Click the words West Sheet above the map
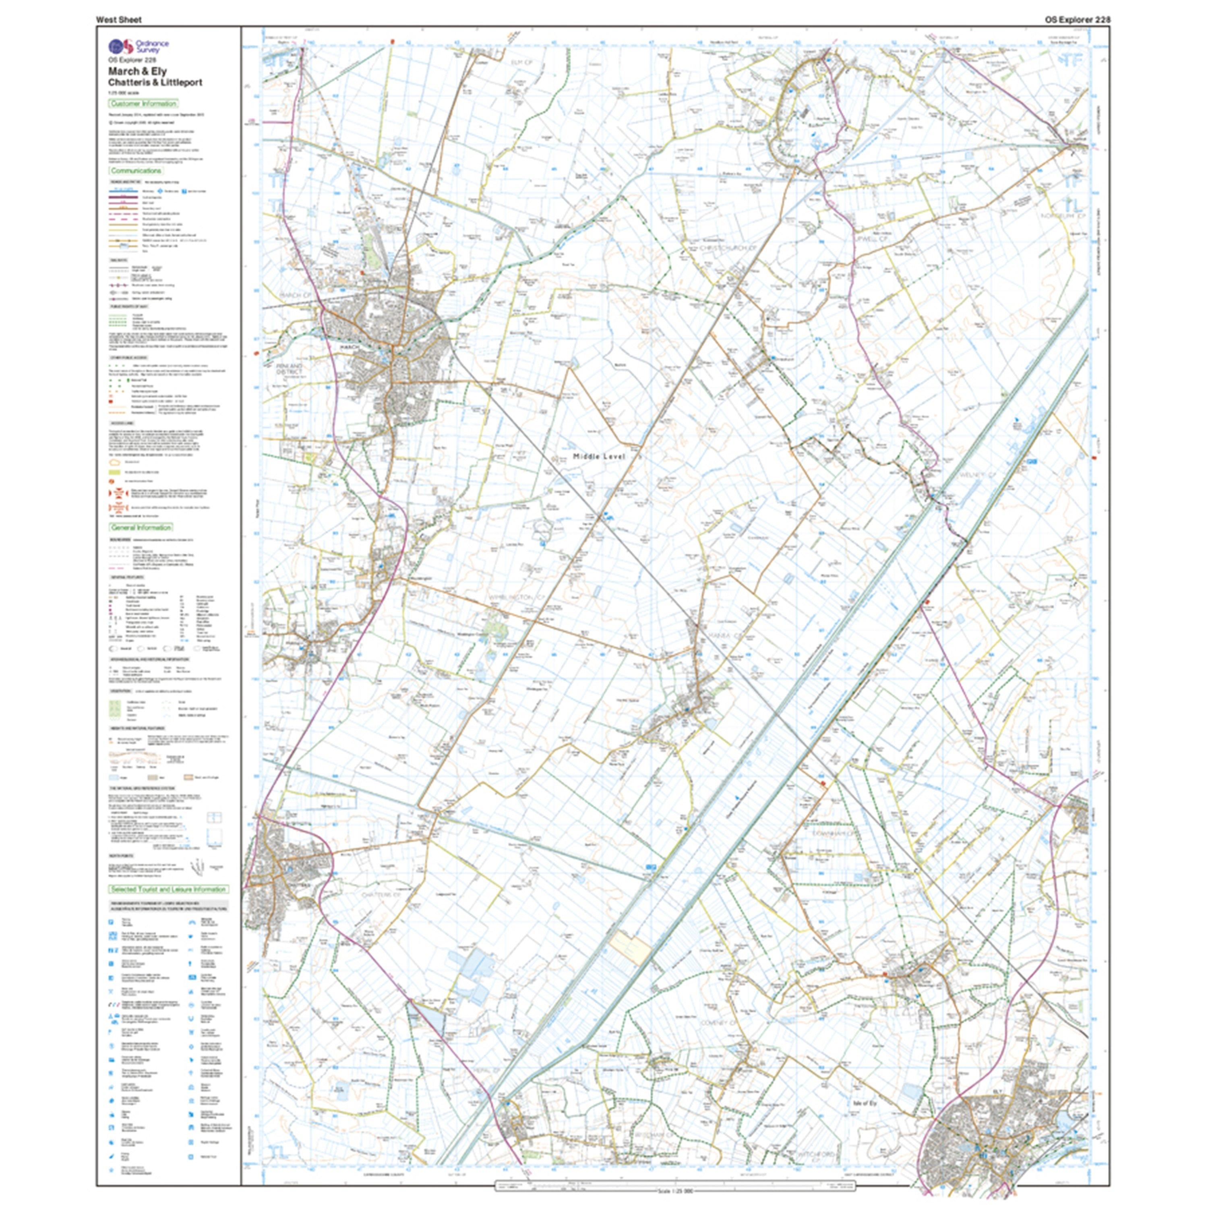click(119, 19)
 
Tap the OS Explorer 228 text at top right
click(1077, 19)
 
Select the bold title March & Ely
click(137, 70)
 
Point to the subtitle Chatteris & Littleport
click(155, 82)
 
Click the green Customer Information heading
click(143, 104)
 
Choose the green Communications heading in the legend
click(137, 171)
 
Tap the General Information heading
click(141, 527)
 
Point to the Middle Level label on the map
click(598, 457)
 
